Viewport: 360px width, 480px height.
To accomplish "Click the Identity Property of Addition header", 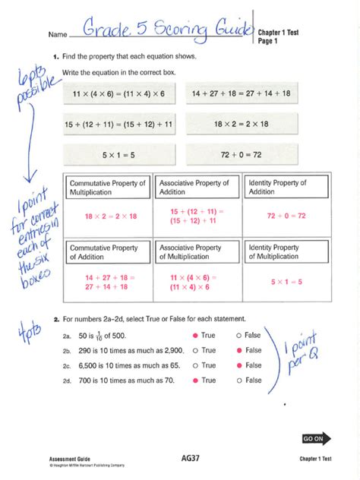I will click(x=285, y=188).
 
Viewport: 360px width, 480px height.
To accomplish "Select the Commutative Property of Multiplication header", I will click(x=108, y=188).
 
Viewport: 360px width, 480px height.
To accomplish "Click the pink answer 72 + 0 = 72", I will click(x=285, y=216).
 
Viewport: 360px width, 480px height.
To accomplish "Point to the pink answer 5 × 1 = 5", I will click(x=285, y=282).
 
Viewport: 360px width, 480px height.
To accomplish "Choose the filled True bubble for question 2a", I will click(x=195, y=336).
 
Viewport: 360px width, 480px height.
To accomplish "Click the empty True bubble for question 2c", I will click(x=195, y=365).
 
